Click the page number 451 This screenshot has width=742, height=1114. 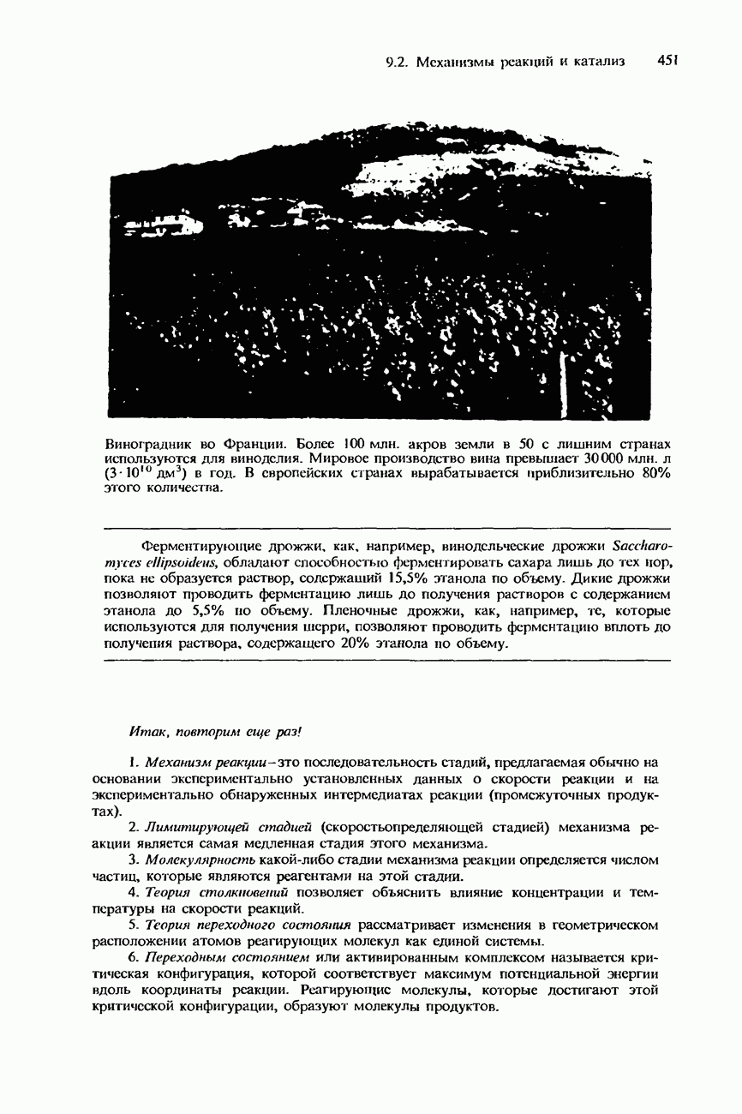667,61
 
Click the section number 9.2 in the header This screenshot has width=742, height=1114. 395,62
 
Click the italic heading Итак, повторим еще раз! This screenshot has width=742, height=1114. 216,730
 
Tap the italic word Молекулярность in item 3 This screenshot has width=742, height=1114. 203,859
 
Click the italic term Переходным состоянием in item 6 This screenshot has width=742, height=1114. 229,957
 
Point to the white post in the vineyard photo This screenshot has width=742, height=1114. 563,377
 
